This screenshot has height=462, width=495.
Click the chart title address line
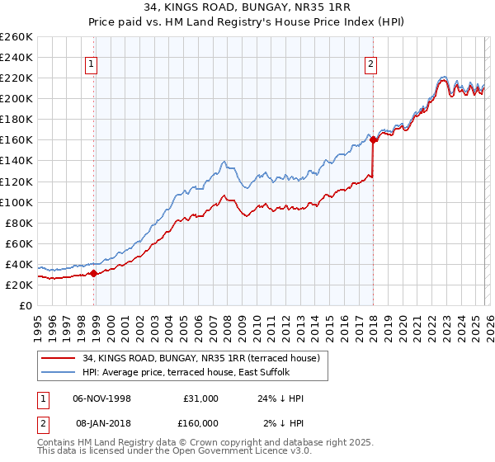pyautogui.click(x=247, y=7)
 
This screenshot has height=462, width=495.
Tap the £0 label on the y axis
pyautogui.click(x=25, y=305)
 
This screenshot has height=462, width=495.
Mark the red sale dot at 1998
pyautogui.click(x=93, y=273)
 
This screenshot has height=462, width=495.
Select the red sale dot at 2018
pyautogui.click(x=373, y=140)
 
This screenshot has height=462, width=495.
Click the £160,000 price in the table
pyautogui.click(x=200, y=423)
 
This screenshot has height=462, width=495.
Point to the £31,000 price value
pyautogui.click(x=200, y=398)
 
